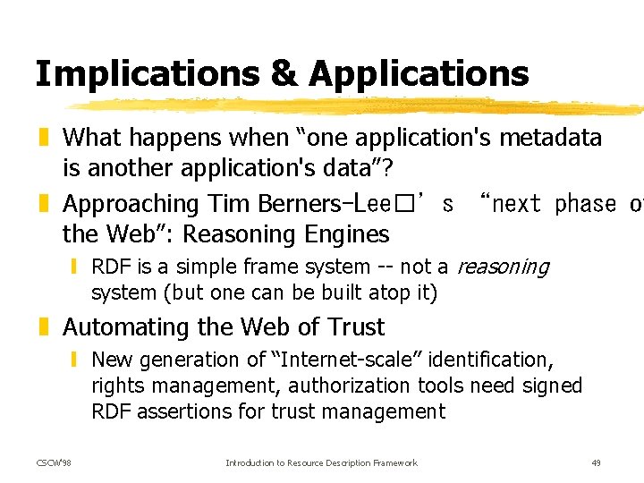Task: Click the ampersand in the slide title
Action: (284, 74)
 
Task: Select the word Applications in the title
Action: (419, 74)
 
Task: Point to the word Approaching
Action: (131, 205)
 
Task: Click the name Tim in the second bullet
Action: (230, 204)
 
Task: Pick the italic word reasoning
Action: (503, 267)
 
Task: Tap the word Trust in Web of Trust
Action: (356, 327)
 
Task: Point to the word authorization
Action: (358, 386)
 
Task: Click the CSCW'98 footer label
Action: (53, 462)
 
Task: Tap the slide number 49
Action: (597, 462)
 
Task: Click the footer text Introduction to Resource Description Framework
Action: (321, 462)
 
